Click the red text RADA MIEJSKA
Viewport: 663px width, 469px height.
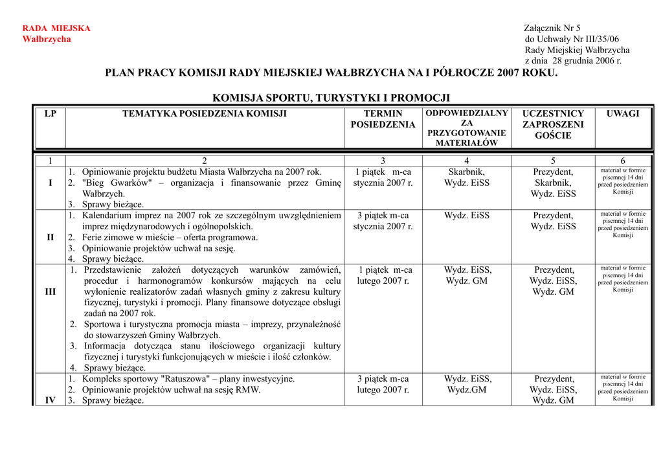(56, 29)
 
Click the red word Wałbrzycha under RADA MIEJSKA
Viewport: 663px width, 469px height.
(47, 40)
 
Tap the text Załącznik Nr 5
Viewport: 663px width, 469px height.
(552, 29)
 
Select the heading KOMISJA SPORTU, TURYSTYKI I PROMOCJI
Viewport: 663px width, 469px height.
(331, 98)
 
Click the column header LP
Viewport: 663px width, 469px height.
(51, 114)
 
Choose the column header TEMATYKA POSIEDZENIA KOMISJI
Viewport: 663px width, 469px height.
(205, 114)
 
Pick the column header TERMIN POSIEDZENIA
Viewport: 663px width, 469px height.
(383, 119)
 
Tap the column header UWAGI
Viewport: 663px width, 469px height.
(622, 114)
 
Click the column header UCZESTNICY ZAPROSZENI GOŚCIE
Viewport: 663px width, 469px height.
(553, 124)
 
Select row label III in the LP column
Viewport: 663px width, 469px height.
(51, 292)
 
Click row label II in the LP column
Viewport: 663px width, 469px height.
(51, 237)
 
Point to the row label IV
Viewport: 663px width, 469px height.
(51, 400)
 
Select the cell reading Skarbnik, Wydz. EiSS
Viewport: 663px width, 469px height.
(467, 177)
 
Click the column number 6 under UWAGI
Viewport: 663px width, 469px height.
(622, 161)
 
